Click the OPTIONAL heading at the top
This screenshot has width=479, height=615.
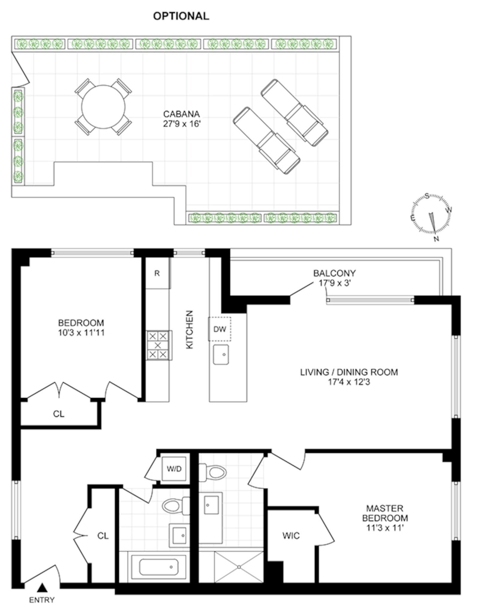(181, 16)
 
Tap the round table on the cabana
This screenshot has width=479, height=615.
(103, 107)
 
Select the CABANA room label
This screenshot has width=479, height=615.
(181, 114)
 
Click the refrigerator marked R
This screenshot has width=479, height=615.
(157, 273)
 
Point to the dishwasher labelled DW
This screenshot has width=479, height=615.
(220, 329)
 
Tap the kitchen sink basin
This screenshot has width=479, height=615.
(221, 354)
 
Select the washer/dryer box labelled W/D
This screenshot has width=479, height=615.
(174, 469)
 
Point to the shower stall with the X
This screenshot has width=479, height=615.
(239, 567)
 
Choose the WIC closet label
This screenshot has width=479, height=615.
(291, 535)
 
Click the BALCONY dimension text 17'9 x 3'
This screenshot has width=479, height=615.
(334, 283)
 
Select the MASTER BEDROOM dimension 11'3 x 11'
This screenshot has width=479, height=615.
(385, 528)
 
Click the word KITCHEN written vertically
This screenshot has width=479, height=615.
(190, 329)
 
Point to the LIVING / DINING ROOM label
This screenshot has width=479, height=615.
(349, 372)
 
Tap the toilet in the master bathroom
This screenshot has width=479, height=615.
(213, 472)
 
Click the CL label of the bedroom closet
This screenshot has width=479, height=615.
(59, 414)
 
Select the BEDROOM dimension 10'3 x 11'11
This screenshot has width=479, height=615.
(81, 332)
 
